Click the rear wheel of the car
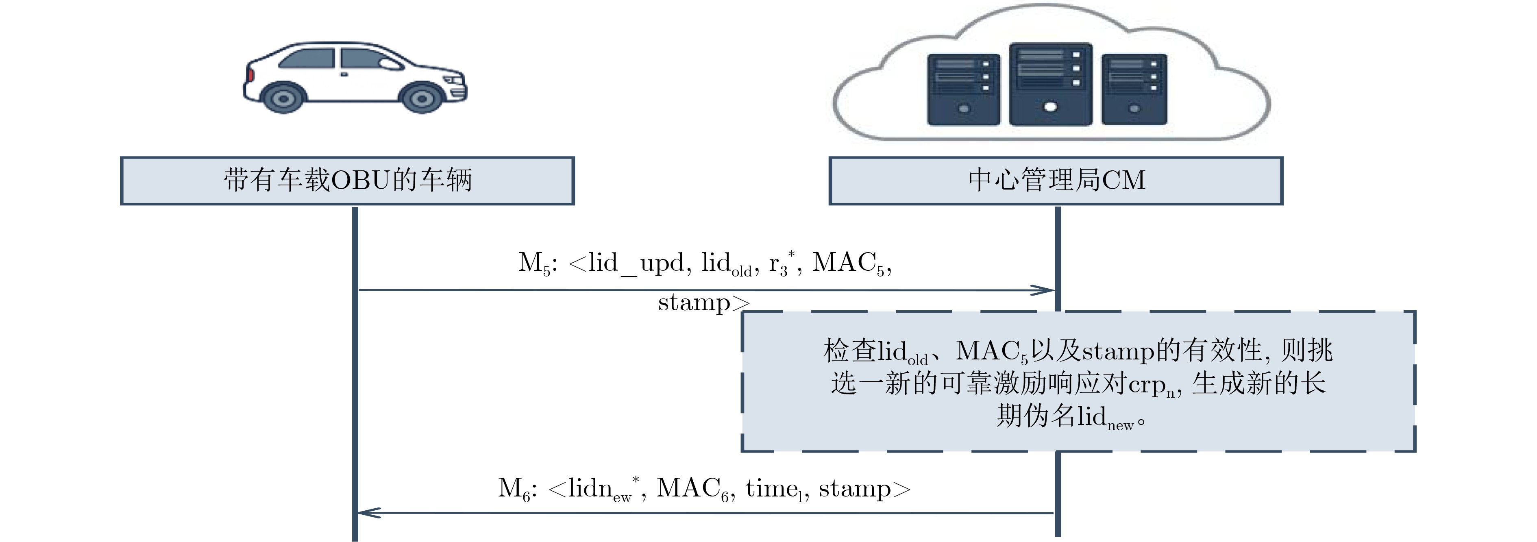283,98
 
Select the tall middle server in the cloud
1051,84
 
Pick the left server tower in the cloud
964,89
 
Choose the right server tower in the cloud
1134,89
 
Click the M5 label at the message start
535,263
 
